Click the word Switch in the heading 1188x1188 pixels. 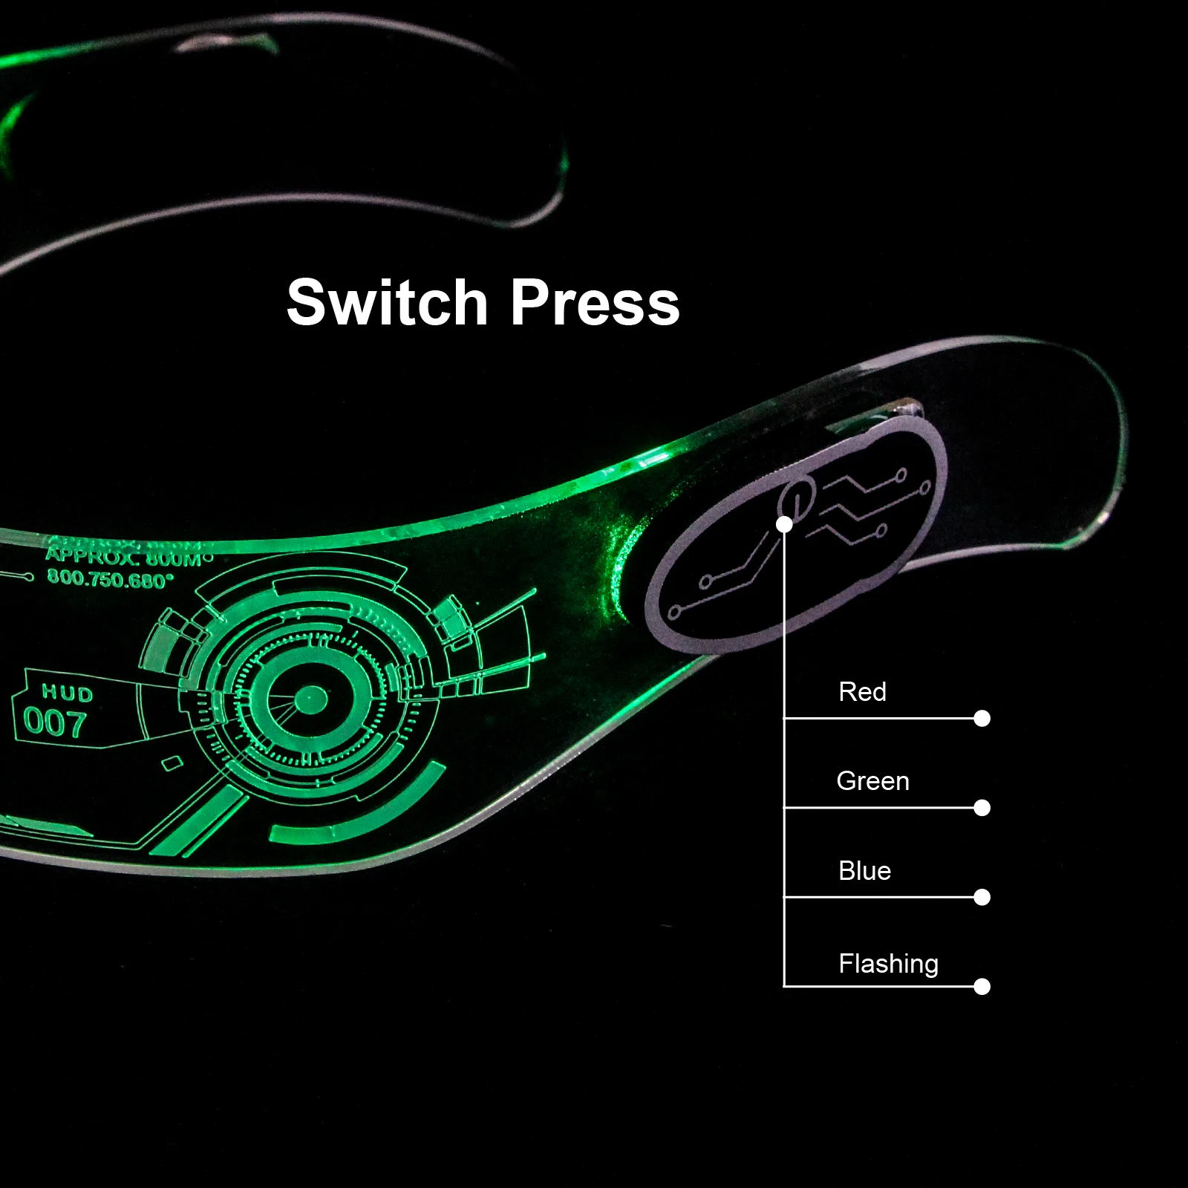(x=386, y=302)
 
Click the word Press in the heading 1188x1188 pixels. (x=595, y=302)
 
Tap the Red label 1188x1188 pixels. (x=862, y=692)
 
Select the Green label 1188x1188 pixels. (x=872, y=781)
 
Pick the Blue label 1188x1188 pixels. (x=864, y=871)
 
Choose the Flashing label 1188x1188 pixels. (x=888, y=964)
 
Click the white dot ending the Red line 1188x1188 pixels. (x=982, y=718)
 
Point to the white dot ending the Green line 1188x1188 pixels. (x=982, y=808)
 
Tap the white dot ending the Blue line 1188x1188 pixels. (x=982, y=897)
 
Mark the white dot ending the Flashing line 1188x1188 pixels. (x=982, y=986)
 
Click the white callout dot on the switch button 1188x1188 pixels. (x=784, y=524)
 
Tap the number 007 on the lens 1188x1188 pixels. (x=54, y=723)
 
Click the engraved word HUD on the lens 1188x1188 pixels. (x=68, y=693)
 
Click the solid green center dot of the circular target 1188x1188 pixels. (x=311, y=698)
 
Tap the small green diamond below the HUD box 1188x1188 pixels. (x=172, y=763)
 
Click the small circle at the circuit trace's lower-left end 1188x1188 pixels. (x=675, y=613)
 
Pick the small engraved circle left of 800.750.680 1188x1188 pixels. (x=28, y=576)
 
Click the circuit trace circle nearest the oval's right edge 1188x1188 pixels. (x=925, y=487)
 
